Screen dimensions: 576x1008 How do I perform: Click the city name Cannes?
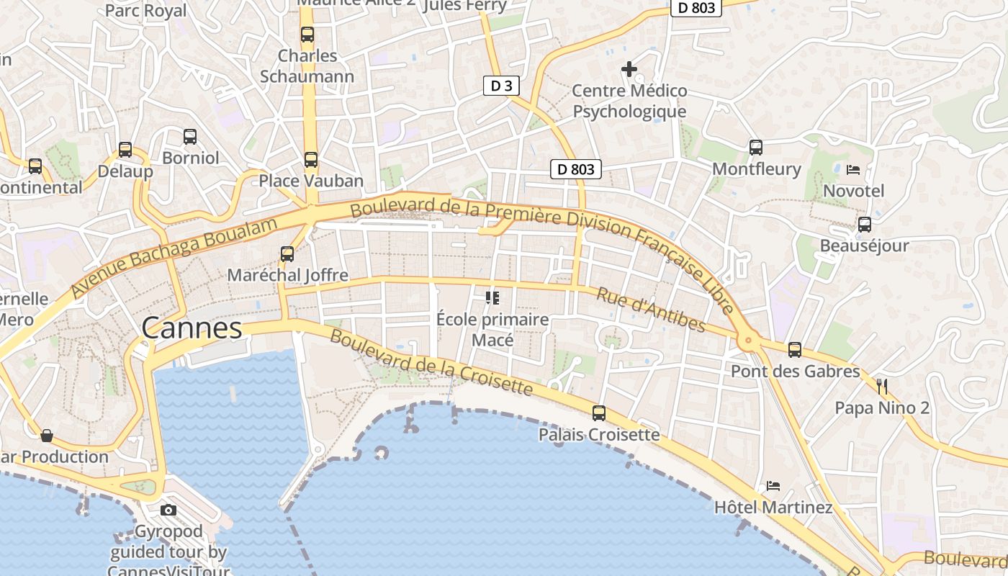[192, 328]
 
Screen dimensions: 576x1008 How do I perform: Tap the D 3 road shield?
[500, 86]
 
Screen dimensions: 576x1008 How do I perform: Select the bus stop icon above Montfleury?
[756, 148]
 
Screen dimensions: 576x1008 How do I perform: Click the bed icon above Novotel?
[853, 170]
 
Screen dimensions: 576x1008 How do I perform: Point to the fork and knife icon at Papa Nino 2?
[882, 387]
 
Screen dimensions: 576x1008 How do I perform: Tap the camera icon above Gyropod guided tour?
[168, 510]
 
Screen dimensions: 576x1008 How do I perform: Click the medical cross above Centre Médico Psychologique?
[629, 69]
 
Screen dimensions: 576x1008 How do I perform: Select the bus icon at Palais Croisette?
[599, 413]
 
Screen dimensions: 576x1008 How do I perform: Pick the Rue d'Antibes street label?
[651, 310]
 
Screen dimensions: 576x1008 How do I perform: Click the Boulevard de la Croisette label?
[431, 364]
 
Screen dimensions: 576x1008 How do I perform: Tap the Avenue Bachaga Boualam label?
[174, 258]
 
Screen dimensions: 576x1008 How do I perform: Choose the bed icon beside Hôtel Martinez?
[773, 486]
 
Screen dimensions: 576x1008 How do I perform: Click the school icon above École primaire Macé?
[492, 297]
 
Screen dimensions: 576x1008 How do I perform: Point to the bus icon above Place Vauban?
[311, 160]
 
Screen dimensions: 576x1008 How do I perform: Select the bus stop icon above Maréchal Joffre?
[287, 254]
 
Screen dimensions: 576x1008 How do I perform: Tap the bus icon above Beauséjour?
[865, 225]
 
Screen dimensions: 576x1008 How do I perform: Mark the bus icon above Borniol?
[190, 137]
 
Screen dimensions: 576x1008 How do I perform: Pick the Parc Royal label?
[145, 11]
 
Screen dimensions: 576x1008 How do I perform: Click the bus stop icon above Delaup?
[125, 150]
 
